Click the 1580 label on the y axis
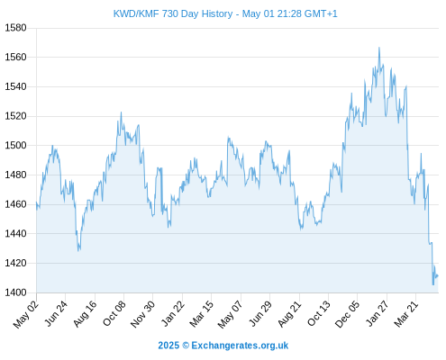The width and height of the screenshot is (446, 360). point(15,28)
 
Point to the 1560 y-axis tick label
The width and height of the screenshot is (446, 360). point(15,57)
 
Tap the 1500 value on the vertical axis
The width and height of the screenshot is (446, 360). point(15,146)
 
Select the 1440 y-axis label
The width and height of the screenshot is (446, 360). point(15,234)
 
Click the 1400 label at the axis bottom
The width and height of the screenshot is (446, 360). point(15,292)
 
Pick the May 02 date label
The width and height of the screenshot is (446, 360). point(26,314)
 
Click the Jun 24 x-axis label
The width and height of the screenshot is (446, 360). point(56,313)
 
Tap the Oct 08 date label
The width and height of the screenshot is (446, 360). point(114,313)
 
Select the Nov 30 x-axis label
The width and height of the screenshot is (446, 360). point(142,314)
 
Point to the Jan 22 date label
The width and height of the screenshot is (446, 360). point(173,313)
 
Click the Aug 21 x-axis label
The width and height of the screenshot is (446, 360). point(289,313)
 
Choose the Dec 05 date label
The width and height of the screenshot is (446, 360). point(347,314)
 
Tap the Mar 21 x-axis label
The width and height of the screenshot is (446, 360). point(406,313)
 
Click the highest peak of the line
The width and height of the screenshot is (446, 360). point(379,48)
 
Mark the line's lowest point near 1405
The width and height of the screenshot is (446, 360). point(433,284)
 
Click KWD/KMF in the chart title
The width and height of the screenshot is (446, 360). point(136,13)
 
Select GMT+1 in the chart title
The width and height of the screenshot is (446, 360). point(321,13)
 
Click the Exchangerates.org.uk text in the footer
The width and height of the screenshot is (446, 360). point(240,346)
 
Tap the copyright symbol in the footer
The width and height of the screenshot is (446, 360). point(186,346)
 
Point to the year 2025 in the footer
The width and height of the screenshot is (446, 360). point(168,346)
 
